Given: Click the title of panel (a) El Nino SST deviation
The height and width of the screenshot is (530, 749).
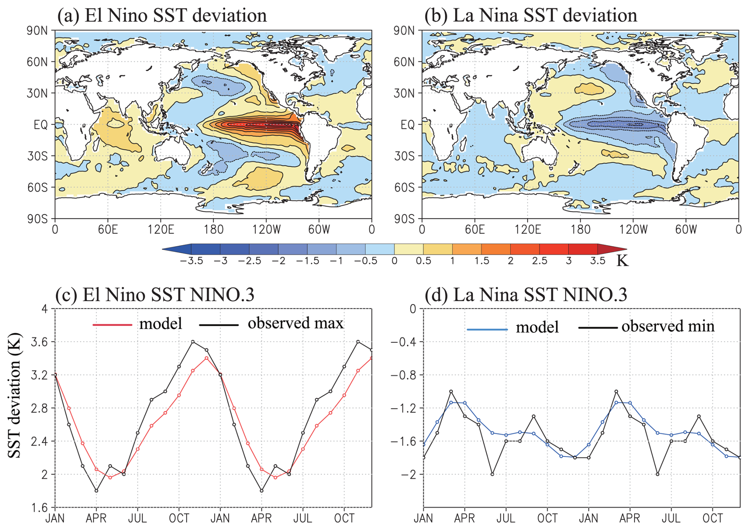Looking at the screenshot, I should pos(162,16).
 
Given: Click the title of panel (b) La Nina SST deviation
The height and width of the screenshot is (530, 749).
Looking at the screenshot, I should pos(530,16).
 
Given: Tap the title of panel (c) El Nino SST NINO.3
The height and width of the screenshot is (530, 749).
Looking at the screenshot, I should pos(155,295).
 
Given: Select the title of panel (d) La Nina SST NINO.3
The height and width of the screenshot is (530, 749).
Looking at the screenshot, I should pos(526,295).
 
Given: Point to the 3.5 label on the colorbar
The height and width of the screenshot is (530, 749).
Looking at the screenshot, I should pos(597,261).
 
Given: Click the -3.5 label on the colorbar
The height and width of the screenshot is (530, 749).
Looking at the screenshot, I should pos(191,261).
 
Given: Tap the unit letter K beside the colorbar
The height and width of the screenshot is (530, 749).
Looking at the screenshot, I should pos(622,261).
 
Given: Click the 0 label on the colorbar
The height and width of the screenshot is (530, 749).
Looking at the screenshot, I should pos(394,261).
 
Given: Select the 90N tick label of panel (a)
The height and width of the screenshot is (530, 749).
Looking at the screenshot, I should pos(37,31).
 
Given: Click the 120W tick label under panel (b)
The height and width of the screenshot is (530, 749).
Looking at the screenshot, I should pos(633,230).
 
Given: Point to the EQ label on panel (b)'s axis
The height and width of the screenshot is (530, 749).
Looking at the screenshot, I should pos(407,125).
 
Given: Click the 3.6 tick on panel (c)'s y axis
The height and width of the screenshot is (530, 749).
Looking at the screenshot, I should pos(39,342).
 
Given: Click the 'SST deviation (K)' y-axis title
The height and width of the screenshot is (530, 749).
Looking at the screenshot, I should pos(14,396).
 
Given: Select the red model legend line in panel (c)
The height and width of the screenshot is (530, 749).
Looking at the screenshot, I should pos(112,325).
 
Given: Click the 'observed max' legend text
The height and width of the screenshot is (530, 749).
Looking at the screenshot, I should pos(295,323).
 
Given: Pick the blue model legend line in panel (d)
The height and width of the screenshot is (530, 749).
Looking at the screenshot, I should pos(487,329).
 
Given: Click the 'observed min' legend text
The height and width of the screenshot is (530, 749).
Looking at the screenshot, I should pos(668,327).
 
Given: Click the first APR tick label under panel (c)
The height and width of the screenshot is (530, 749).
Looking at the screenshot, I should pos(96,518).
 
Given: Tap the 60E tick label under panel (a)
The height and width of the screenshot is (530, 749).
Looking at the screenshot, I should pos(108,230).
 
